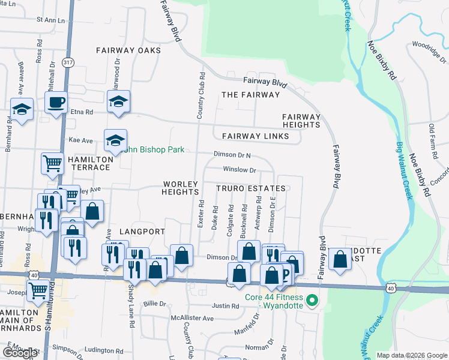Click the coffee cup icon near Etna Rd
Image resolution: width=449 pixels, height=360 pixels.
(56, 102)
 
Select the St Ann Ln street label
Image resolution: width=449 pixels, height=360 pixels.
(50, 20)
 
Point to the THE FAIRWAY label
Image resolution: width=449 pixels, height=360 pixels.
(250, 95)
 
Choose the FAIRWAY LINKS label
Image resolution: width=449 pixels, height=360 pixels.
(255, 136)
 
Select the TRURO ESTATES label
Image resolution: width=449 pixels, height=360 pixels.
(250, 188)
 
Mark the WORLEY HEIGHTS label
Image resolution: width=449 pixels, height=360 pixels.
(180, 187)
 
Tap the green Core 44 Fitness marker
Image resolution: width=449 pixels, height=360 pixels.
(311, 300)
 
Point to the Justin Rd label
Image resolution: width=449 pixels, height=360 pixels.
(226, 306)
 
